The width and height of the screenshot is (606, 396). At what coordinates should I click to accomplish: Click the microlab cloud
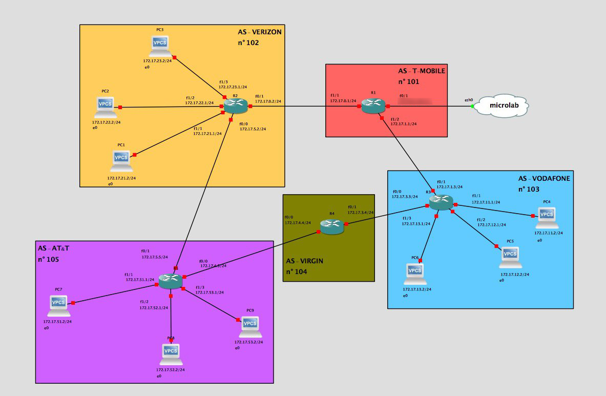[501, 107]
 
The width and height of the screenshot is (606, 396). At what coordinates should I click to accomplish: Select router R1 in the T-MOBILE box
[372, 106]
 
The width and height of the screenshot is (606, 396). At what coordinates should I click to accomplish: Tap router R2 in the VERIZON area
[236, 106]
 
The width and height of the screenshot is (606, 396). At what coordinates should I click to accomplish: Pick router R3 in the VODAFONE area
[441, 203]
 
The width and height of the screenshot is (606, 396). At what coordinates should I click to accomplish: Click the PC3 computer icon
[160, 46]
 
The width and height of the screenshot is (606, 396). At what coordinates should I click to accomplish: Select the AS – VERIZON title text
[260, 32]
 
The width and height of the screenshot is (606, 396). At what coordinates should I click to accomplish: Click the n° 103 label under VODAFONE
[529, 189]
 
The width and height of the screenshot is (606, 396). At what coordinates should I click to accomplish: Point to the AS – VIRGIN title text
[305, 261]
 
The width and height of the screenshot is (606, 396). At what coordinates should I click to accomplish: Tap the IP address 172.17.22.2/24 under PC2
[107, 122]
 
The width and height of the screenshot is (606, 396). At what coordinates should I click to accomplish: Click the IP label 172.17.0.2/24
[267, 101]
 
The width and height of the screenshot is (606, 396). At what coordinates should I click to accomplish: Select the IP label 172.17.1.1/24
[404, 123]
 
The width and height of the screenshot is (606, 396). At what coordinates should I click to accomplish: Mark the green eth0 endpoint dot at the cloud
[472, 106]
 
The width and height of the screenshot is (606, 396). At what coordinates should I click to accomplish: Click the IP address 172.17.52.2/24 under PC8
[171, 369]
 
